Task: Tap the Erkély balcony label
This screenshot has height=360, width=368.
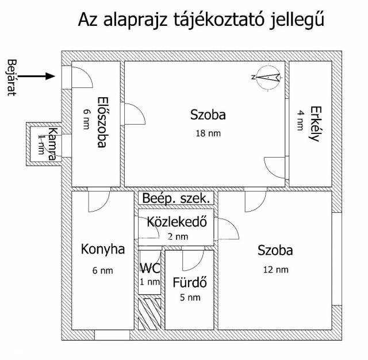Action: click(315, 124)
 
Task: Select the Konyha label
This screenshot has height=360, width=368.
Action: click(102, 249)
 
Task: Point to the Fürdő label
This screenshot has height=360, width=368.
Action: click(190, 282)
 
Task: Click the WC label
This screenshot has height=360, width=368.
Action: click(150, 268)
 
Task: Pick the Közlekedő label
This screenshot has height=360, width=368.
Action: click(177, 222)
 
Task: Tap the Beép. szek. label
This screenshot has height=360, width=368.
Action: click(176, 198)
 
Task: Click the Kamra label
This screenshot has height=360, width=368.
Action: click(52, 144)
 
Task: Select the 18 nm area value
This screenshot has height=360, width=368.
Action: click(208, 133)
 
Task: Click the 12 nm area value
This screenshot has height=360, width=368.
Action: click(276, 270)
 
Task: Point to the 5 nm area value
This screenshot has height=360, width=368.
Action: click(190, 297)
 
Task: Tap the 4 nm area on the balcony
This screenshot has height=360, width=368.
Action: click(300, 120)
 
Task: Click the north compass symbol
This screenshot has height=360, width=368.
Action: click(267, 77)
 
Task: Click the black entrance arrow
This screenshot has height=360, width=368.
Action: click(36, 76)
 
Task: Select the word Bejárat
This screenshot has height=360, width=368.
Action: click(12, 78)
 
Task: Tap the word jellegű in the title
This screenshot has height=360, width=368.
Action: click(297, 20)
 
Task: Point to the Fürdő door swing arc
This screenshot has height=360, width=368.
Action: click(197, 263)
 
